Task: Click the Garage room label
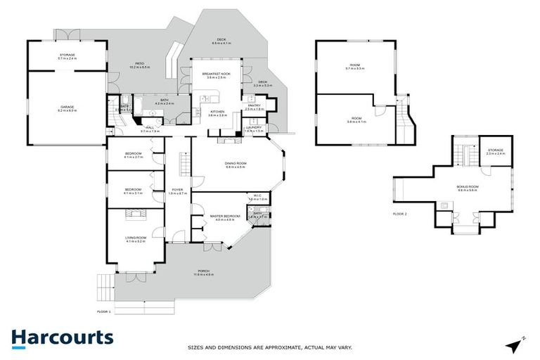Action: pos(66,107)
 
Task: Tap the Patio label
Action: pos(140,66)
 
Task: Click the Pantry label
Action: pos(253,107)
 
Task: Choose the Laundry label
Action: pos(253,129)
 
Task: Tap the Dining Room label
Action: pos(236,164)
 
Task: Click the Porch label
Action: pos(204,271)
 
